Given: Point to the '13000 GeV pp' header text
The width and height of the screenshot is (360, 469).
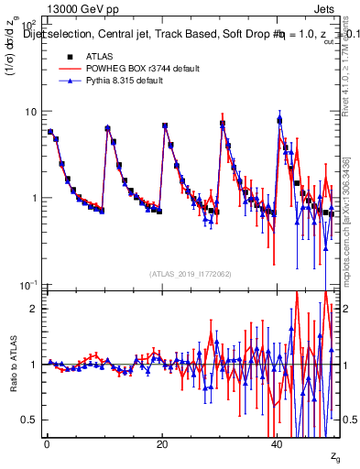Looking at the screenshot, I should click(x=78, y=8).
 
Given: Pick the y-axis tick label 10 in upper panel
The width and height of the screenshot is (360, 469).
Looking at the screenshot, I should click(x=29, y=112).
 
